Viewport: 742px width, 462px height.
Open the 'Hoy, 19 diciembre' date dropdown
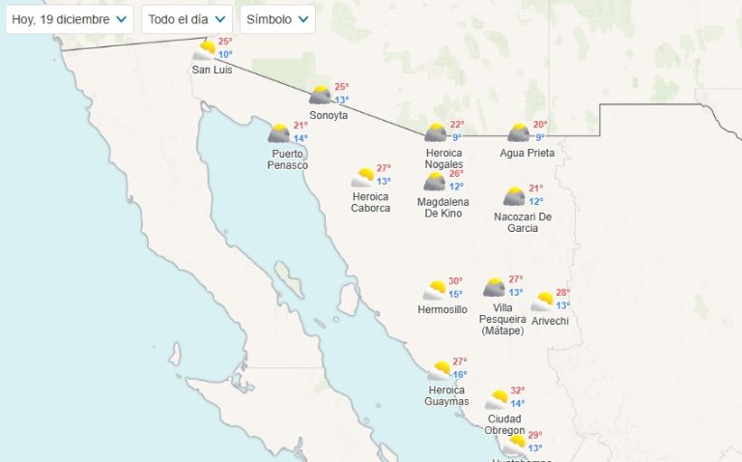click(x=69, y=19)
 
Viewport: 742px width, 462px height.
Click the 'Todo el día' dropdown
click(x=186, y=19)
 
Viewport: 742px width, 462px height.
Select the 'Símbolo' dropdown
click(x=277, y=19)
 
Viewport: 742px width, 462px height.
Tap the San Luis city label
click(x=212, y=70)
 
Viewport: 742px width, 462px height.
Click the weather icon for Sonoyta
click(x=321, y=95)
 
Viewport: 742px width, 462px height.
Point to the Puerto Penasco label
click(x=288, y=159)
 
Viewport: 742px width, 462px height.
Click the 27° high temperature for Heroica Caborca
click(x=384, y=168)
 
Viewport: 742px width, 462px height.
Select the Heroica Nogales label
click(x=443, y=159)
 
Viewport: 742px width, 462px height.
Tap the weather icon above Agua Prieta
click(x=520, y=132)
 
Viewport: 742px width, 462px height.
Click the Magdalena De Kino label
click(x=443, y=207)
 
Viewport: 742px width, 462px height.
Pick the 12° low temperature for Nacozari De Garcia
click(x=536, y=201)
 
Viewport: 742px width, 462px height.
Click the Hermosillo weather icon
click(x=436, y=290)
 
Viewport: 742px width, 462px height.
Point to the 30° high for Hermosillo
click(x=455, y=281)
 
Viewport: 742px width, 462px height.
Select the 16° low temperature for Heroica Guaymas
click(x=460, y=375)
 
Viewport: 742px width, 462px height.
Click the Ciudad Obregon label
click(x=505, y=424)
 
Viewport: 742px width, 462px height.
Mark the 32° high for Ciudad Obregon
click(x=518, y=391)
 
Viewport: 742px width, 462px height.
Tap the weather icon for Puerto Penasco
click(x=280, y=133)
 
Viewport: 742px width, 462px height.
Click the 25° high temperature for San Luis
click(x=225, y=42)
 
